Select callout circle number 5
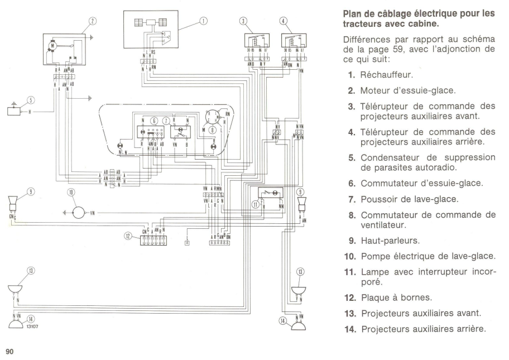pyautogui.click(x=31, y=100)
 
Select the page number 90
pyautogui.click(x=9, y=352)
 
